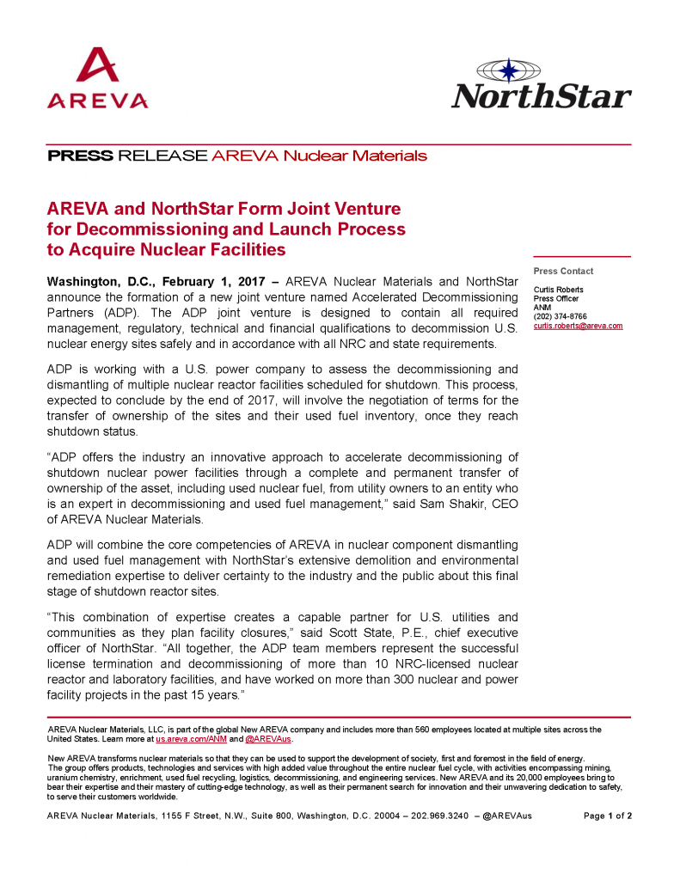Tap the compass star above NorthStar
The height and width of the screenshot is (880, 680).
pyautogui.click(x=509, y=69)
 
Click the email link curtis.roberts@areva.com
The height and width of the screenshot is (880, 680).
pyautogui.click(x=578, y=326)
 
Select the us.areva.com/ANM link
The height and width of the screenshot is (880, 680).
pyautogui.click(x=181, y=738)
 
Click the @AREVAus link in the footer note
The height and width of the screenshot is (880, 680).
pyautogui.click(x=268, y=738)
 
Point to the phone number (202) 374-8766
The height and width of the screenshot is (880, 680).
pyautogui.click(x=561, y=316)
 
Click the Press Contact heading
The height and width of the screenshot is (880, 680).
pyautogui.click(x=563, y=272)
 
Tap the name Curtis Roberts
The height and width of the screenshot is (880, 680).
pyautogui.click(x=559, y=290)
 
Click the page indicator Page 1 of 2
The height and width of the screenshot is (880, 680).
pyautogui.click(x=608, y=816)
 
